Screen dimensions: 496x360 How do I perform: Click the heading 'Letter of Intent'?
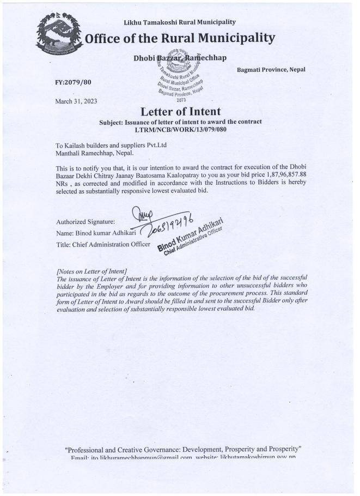pos(180,112)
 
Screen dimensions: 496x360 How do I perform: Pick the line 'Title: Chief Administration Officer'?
pos(103,245)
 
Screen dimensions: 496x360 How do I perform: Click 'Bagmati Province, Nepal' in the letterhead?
pos(271,70)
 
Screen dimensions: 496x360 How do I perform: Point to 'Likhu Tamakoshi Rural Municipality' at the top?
pos(180,22)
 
